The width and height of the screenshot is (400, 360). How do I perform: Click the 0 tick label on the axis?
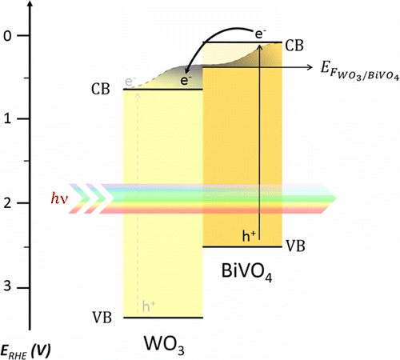pos(8,36)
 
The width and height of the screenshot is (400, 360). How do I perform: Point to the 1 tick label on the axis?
pos(8,118)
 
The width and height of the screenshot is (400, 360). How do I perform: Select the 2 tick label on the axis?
pos(8,202)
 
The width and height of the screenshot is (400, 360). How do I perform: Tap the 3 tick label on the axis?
pos(8,287)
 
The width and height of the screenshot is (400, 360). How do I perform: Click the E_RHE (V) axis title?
pos(26,352)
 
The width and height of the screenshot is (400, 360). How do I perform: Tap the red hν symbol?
pos(59,198)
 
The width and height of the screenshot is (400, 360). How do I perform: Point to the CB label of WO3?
pos(101,89)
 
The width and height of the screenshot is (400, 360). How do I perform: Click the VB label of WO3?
pos(102,318)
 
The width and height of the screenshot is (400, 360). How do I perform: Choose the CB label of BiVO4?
pos(294,46)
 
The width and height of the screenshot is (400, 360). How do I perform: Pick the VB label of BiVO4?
pos(295,246)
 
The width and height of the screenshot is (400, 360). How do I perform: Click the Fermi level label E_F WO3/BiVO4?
pos(360,70)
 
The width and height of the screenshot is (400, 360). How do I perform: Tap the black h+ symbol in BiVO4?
pos(249,236)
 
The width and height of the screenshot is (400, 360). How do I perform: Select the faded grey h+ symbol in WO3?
pos(149,306)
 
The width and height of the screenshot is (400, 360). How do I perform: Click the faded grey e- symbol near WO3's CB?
pos(130,82)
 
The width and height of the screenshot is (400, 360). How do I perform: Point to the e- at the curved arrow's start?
pos(261,34)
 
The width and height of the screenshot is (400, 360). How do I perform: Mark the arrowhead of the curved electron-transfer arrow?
pos(188,70)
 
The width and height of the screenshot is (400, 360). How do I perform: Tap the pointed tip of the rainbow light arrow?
pos(336,198)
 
